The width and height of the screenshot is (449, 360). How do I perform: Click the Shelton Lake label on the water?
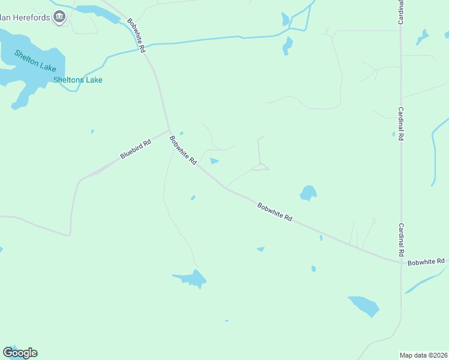[35, 61]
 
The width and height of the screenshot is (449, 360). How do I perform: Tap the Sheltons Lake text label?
[78, 80]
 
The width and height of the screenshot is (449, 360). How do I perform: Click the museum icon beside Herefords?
[59, 17]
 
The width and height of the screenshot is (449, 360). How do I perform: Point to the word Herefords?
[27, 16]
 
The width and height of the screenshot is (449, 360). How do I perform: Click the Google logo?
[20, 353]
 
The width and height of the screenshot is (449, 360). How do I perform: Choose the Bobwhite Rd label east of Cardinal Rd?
[426, 262]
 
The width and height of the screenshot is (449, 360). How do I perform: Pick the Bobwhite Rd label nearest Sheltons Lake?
[136, 36]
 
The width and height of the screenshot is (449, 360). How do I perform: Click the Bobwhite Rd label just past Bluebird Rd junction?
[183, 151]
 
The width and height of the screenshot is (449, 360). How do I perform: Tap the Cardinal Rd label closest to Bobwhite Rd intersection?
[400, 239]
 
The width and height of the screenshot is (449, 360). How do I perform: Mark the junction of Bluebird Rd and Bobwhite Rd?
[170, 130]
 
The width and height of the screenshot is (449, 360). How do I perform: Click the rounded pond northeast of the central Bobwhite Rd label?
[308, 193]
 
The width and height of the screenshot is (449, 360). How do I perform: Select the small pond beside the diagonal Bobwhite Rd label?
[214, 161]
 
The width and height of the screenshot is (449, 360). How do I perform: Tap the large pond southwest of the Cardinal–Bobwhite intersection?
[364, 305]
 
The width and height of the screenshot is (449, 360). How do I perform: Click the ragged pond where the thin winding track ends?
[191, 278]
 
